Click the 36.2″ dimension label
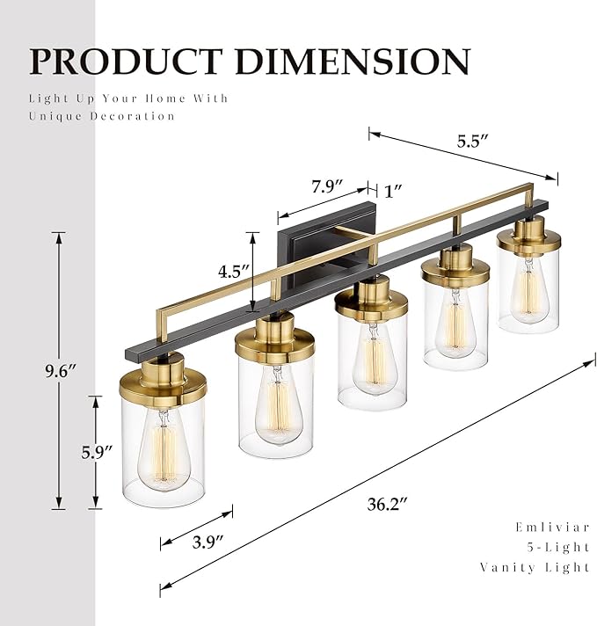coord(388,505)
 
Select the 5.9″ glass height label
coord(98,453)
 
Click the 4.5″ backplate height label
coord(233,270)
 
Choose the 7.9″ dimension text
coord(326,188)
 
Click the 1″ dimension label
coord(393,191)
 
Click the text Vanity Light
coord(535,567)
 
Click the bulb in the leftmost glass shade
coord(164,448)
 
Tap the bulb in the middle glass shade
coord(372,356)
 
